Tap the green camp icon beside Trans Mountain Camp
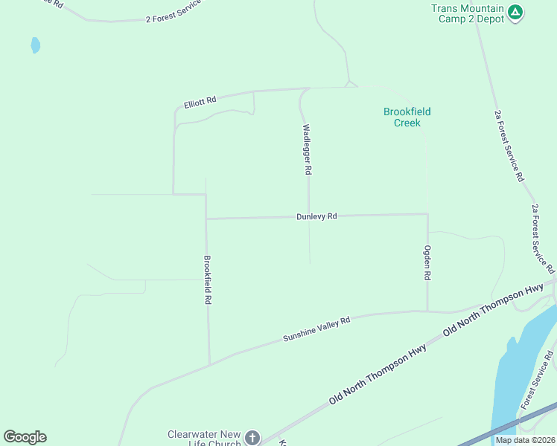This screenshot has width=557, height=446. point(515,13)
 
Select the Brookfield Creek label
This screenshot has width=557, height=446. point(407,117)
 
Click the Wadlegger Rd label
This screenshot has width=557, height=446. point(306,149)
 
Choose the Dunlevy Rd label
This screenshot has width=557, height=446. point(316,216)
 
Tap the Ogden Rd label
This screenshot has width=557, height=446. point(427,262)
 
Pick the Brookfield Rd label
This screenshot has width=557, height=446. point(208,281)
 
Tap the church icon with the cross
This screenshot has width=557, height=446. point(252,438)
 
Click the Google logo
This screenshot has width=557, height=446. point(25,437)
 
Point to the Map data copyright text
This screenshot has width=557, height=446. point(524,440)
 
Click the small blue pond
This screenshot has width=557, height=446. point(35,45)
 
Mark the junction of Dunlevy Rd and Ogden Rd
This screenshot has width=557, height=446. point(427,214)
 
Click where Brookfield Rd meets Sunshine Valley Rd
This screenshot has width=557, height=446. point(209,363)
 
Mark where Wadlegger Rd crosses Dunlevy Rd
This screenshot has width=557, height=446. point(309,217)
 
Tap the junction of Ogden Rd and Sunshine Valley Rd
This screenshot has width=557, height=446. point(427,311)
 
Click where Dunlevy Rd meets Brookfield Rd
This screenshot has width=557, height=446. point(206,219)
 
